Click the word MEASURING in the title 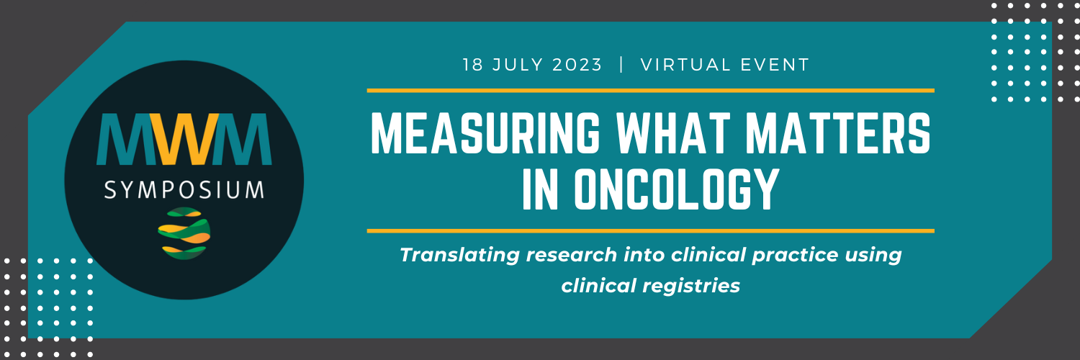tap(485, 133)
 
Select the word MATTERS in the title tap(838, 133)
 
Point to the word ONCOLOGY tap(677, 189)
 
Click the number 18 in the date tap(472, 65)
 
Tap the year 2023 tap(577, 65)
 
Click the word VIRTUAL tap(686, 65)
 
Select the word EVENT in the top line tap(775, 65)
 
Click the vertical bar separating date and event tap(621, 65)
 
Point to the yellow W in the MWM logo tap(184, 139)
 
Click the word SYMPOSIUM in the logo tap(184, 190)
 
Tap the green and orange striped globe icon tap(184, 233)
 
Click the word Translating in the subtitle tap(460, 256)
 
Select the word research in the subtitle tap(572, 256)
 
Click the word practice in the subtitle tap(795, 256)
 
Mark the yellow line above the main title tap(650, 91)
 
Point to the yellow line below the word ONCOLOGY tap(650, 231)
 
